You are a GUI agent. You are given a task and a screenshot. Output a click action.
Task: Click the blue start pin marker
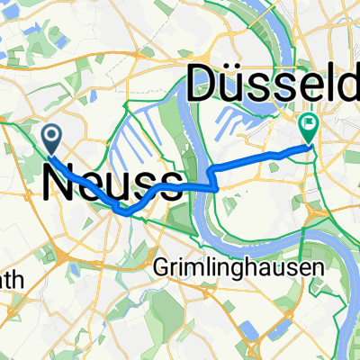[x=51, y=139]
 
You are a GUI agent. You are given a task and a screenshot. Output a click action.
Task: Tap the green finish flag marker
[x=309, y=129]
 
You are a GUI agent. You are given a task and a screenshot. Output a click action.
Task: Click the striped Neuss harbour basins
[x=144, y=144]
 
